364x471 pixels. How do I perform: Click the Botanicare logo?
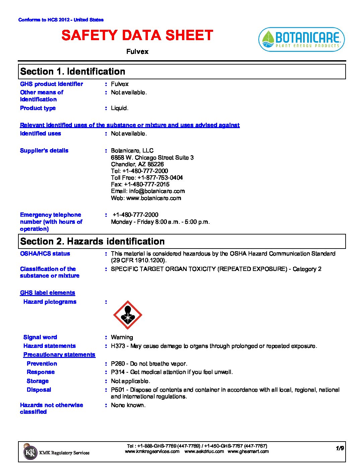tap(301, 39)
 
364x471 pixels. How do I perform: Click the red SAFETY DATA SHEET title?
tap(137, 35)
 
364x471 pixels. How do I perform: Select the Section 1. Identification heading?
tap(73, 72)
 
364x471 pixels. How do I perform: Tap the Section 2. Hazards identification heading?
tap(92, 242)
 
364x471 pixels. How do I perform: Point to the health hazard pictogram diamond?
tap(127, 315)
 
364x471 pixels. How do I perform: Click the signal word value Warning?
tap(122, 337)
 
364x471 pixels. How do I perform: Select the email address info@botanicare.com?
tap(157, 191)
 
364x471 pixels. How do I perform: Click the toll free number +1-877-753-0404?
tap(160, 178)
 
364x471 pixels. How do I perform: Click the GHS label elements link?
tap(48, 293)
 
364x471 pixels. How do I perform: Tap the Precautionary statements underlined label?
tap(59, 355)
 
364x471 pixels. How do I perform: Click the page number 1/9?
tap(340, 448)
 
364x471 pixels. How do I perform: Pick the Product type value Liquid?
tap(119, 108)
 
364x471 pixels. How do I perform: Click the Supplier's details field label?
tap(44, 151)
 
